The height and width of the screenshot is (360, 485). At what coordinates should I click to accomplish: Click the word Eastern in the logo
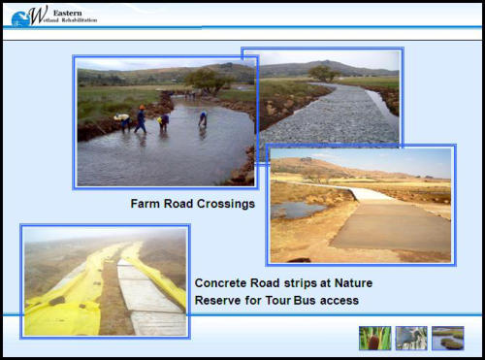coord(67,13)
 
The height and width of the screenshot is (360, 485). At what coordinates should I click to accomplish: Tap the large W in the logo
coord(38,15)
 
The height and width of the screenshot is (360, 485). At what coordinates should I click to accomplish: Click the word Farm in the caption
coord(145,204)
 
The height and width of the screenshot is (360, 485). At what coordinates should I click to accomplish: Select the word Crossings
coord(226,205)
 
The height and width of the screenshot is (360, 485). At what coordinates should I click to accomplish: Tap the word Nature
coord(353,283)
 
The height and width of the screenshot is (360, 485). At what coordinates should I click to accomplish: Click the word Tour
coord(278,301)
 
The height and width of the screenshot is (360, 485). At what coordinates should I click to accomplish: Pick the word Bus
coord(305,301)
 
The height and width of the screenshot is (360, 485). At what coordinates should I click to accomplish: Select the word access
coord(339,301)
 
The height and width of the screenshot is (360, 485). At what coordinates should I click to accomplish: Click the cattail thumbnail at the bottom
coord(375,338)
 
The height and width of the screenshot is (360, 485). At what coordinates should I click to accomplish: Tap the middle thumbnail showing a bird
coord(411,338)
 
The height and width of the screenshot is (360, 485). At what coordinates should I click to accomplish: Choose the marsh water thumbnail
coord(448,338)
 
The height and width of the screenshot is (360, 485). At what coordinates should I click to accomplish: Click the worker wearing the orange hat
coord(141,118)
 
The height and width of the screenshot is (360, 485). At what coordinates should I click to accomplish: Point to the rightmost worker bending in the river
coord(203,119)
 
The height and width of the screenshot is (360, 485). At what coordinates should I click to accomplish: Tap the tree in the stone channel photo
coord(323,73)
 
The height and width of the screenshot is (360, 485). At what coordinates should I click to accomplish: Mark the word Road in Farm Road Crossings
coord(178,204)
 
